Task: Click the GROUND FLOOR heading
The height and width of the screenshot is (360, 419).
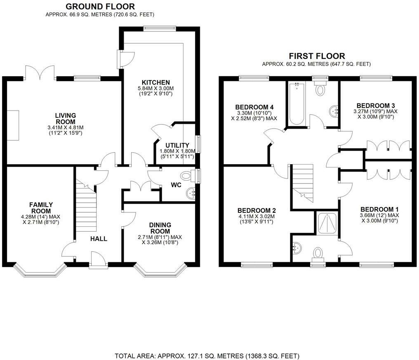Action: (x=100, y=7)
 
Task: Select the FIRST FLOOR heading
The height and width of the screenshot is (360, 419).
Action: (x=317, y=56)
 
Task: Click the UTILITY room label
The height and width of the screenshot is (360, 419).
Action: (x=177, y=145)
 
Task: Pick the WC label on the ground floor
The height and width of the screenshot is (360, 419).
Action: (x=177, y=185)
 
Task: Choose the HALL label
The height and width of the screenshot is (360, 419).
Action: (x=99, y=239)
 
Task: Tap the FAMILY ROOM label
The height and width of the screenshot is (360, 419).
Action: (x=40, y=208)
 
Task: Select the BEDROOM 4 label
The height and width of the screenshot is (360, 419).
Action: (x=254, y=108)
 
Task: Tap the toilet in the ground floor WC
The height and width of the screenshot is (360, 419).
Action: (x=188, y=176)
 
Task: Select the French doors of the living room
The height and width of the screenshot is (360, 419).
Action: (x=40, y=73)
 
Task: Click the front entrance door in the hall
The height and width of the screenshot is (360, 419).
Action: (x=98, y=261)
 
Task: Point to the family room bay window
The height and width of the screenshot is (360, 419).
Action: (x=40, y=271)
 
